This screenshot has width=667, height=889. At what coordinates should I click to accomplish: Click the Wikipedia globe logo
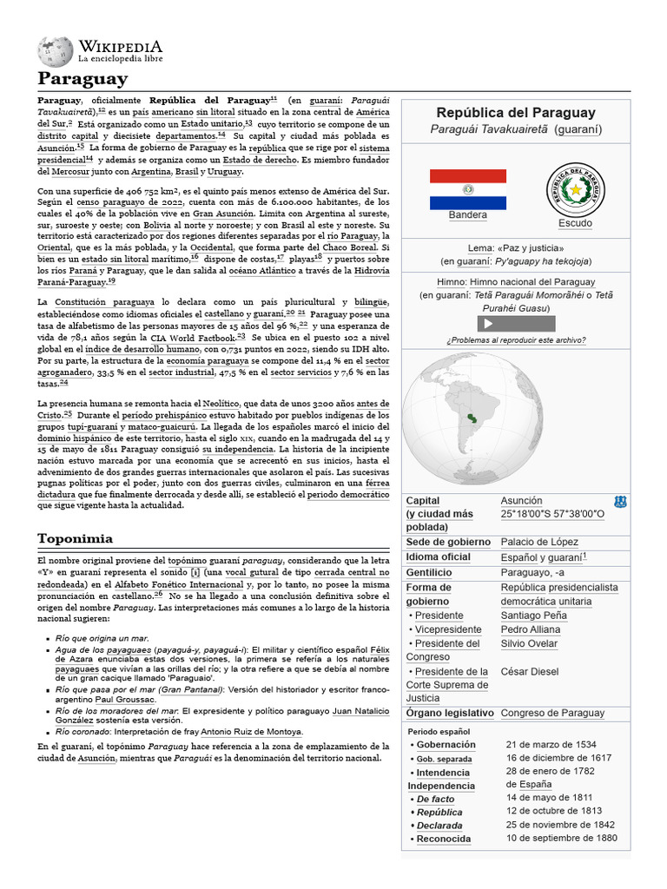(55, 51)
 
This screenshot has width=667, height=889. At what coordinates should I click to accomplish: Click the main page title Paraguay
(82, 79)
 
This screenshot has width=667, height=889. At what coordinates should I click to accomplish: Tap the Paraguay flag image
(467, 189)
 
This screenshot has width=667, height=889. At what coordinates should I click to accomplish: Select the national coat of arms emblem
(574, 189)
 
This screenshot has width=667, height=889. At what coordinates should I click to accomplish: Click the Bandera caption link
(467, 215)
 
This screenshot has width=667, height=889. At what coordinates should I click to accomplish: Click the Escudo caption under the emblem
(575, 223)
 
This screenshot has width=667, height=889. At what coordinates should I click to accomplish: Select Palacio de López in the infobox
(539, 542)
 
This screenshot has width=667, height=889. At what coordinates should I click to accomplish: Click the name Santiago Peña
(533, 615)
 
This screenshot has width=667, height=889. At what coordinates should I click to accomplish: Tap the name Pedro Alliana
(532, 629)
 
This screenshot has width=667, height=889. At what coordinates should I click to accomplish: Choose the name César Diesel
(530, 671)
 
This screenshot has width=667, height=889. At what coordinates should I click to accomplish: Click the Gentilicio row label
(429, 573)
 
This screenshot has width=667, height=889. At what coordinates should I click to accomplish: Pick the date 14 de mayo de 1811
(549, 797)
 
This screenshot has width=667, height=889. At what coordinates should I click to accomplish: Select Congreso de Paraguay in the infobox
(552, 713)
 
